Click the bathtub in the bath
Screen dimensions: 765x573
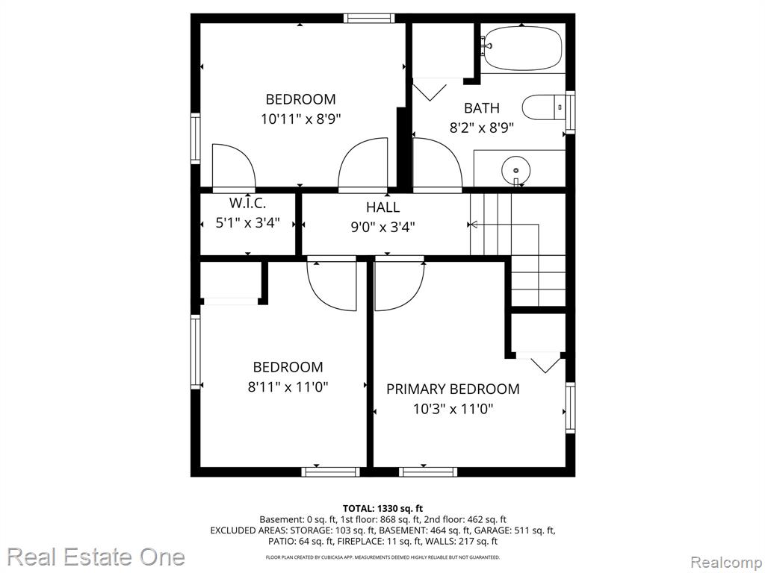click(x=523, y=48)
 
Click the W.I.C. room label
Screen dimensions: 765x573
click(x=247, y=203)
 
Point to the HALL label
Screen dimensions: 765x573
click(x=383, y=207)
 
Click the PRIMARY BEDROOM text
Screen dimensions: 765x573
click(x=453, y=389)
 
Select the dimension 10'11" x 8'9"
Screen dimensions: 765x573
click(x=300, y=119)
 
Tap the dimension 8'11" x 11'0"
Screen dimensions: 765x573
click(x=288, y=387)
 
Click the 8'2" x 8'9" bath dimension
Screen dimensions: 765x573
click(x=482, y=128)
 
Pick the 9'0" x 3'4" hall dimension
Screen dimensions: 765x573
click(x=383, y=227)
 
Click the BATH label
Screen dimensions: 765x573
click(x=482, y=107)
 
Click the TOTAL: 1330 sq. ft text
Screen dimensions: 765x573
click(x=383, y=509)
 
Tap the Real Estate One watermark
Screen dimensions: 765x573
click(x=96, y=557)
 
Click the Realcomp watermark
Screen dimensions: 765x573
click(x=726, y=563)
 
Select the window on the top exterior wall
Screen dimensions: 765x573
click(x=369, y=19)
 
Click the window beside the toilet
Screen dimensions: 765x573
click(x=570, y=112)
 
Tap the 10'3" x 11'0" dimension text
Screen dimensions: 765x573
click(x=453, y=409)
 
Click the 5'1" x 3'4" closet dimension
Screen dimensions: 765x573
click(x=247, y=222)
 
